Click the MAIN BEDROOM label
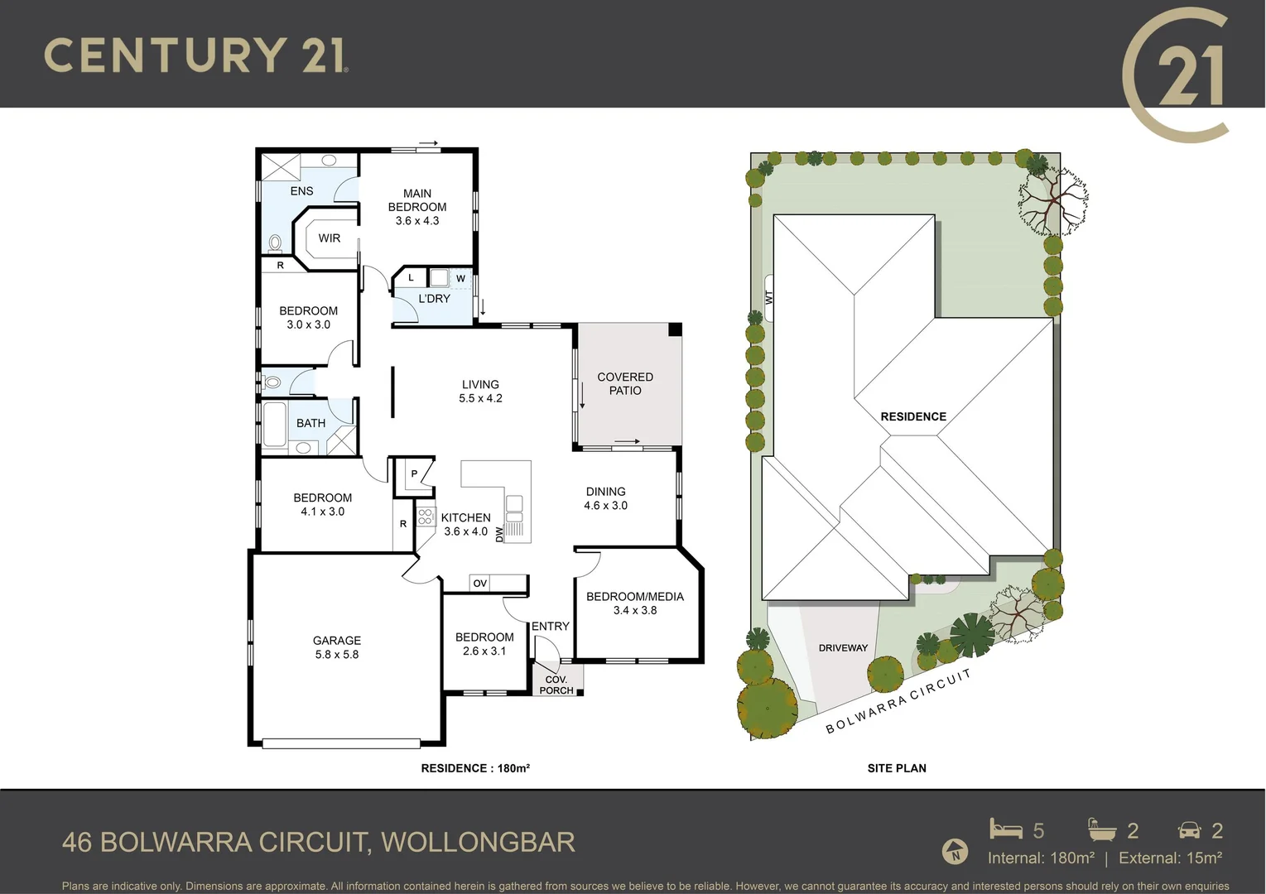pos(417,200)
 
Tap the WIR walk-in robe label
pos(330,238)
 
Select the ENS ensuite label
pos(301,191)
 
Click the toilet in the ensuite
pos(274,243)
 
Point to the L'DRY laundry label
pos(434,299)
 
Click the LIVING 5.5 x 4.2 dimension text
pos(480,398)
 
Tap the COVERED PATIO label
pos(625,384)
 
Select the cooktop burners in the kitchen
pos(426,517)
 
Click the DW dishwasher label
pos(499,535)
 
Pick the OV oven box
pos(480,584)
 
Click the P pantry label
pos(414,474)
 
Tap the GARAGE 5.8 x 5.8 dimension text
pos(336,655)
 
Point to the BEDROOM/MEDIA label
pos(635,597)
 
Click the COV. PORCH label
pos(556,685)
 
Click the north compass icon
pos(956,852)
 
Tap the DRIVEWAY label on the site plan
pos(843,648)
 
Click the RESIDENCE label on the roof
pos(913,417)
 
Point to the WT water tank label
pos(769,296)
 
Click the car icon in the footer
pos(1190,830)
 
